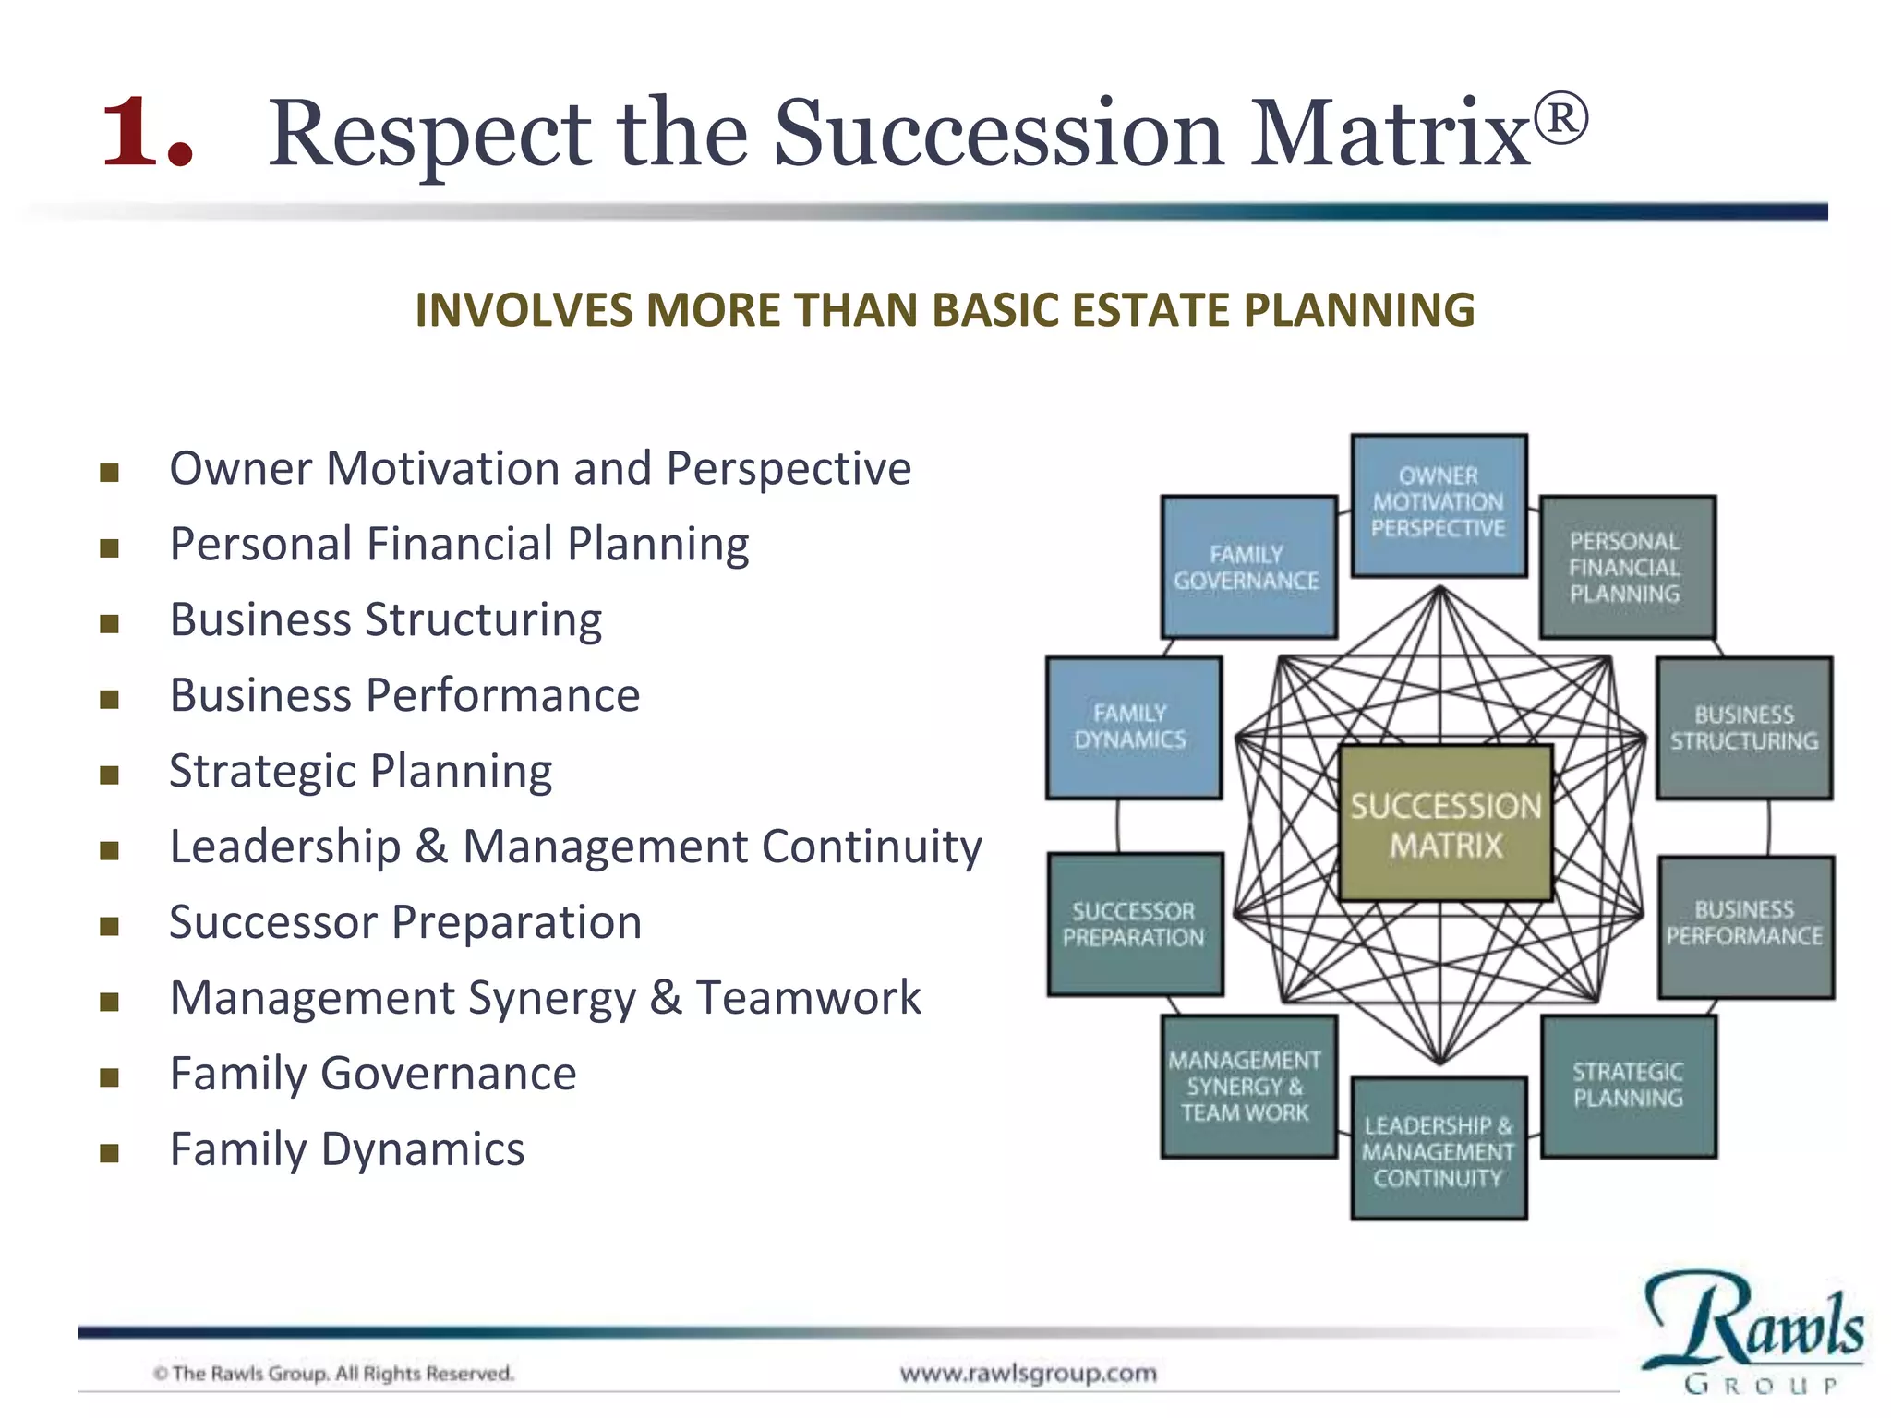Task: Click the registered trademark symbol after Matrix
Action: pos(1561,118)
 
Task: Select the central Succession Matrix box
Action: pos(1446,824)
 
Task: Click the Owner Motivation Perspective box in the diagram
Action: pos(1439,504)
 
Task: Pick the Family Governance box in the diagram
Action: pos(1248,567)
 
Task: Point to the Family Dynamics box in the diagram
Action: pos(1133,727)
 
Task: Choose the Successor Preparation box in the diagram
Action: pos(1135,924)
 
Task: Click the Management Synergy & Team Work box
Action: pos(1248,1087)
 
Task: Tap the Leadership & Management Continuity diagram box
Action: pos(1439,1149)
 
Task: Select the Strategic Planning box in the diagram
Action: pos(1629,1086)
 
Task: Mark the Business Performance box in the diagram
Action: pos(1745,926)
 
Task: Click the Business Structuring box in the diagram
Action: pos(1743,727)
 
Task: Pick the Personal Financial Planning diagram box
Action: pos(1627,567)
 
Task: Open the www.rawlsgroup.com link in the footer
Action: pos(1028,1373)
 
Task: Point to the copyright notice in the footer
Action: pos(333,1374)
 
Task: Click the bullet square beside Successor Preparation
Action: pos(110,926)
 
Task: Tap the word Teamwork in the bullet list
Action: pos(808,998)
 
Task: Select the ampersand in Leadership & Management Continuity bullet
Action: pos(431,847)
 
